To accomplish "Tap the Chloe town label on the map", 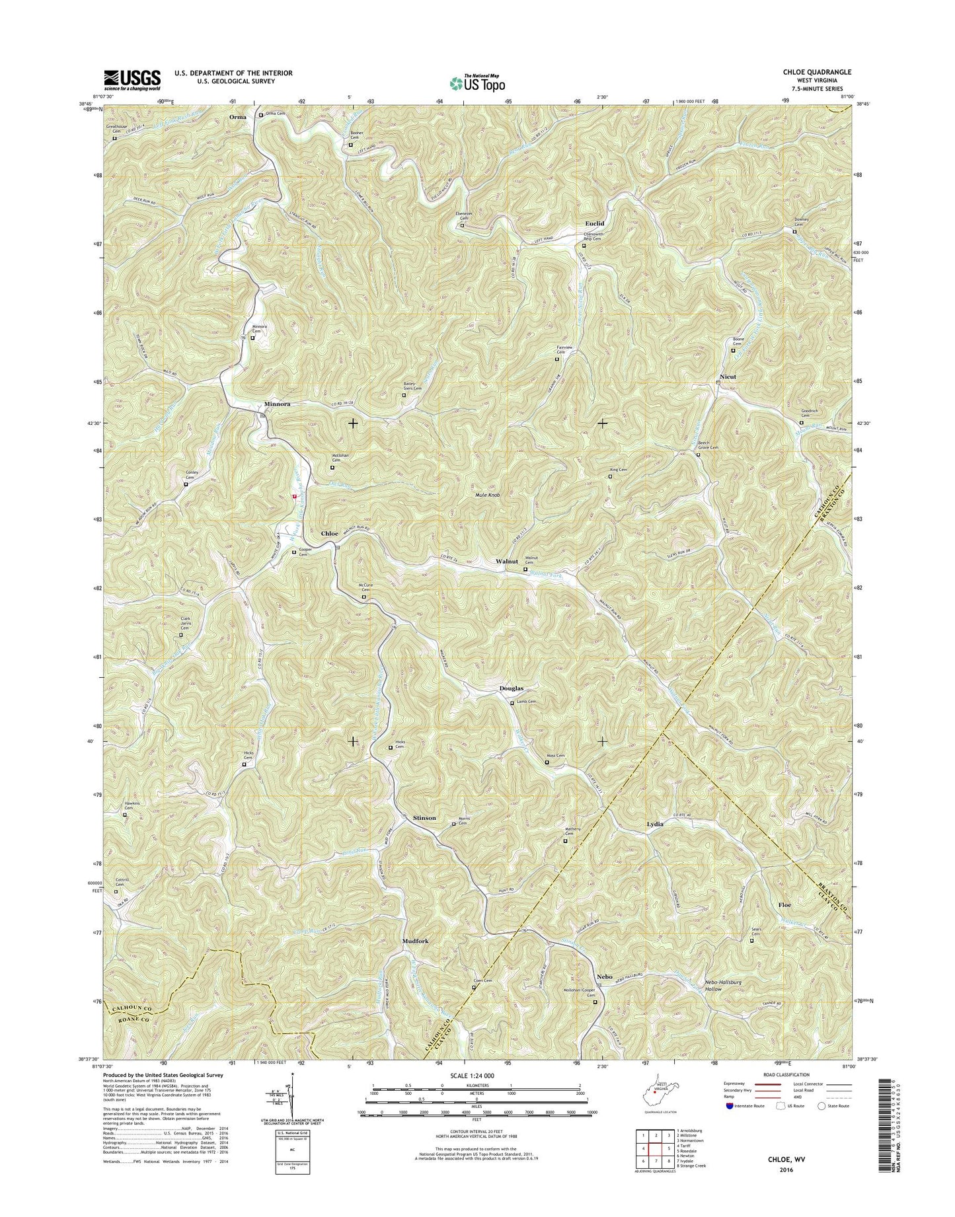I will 329,533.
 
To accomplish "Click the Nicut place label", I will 727,377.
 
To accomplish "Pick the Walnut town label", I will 506,561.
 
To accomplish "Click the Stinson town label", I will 424,818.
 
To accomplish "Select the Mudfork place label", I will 416,941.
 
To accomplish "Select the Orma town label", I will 237,117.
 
